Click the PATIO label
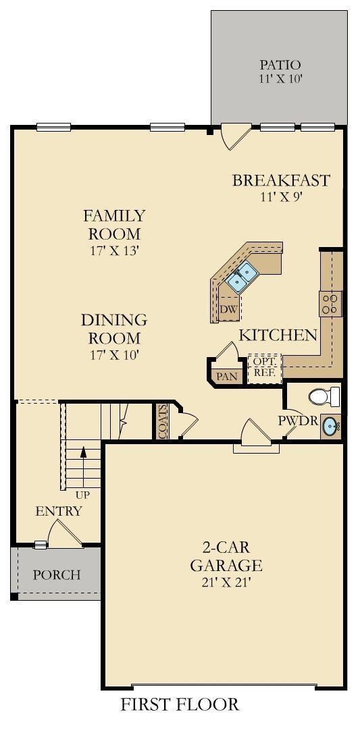(280, 65)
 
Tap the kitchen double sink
(242, 276)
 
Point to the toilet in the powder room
(325, 397)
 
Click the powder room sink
(331, 425)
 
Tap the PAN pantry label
(228, 376)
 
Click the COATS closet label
(162, 421)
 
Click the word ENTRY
(59, 512)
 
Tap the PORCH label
(56, 575)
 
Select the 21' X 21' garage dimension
(226, 583)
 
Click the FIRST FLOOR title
(180, 705)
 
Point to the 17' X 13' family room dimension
(114, 250)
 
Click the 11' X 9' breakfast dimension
(281, 196)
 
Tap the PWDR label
(298, 421)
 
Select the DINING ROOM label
(114, 329)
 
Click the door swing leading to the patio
(235, 136)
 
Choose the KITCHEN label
(278, 335)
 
